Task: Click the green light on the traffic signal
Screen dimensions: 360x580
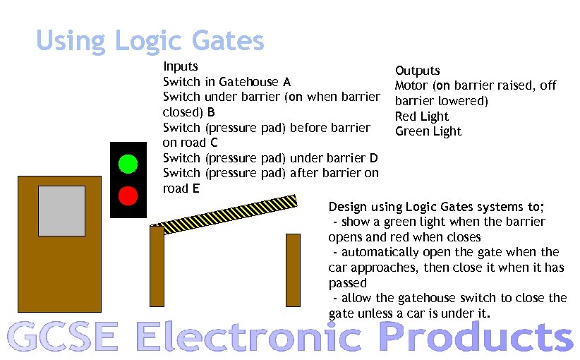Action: (128, 164)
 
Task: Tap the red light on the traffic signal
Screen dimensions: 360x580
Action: (128, 195)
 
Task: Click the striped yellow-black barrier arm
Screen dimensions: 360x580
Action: (226, 212)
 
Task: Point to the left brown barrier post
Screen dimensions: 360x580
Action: (157, 265)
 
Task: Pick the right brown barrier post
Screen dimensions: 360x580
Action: (293, 270)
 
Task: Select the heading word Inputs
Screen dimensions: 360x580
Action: (181, 66)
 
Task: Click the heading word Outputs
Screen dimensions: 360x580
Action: (418, 71)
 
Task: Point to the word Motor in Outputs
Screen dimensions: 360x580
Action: (411, 85)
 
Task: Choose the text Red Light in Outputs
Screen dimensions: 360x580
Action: (422, 116)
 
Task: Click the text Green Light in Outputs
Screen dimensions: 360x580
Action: (428, 131)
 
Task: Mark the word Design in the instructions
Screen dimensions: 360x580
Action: (349, 207)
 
